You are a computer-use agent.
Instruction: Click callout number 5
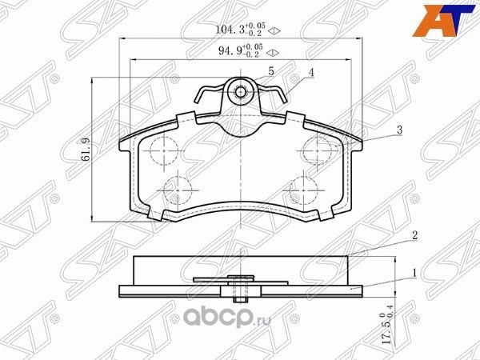(271, 71)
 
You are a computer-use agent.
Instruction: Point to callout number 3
(397, 129)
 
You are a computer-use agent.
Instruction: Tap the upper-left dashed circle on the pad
(163, 147)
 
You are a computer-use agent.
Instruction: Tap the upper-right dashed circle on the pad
(319, 147)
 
